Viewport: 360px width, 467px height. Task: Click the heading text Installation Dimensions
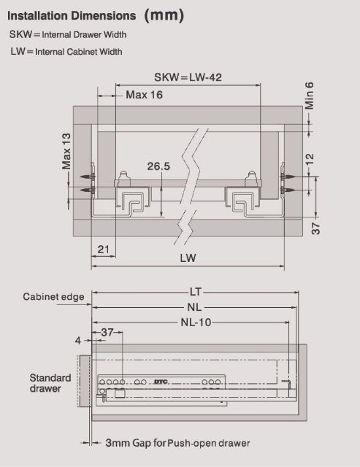coord(72,16)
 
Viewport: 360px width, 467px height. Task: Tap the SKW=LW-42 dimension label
coord(188,77)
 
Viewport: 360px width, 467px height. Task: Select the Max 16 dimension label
coord(145,95)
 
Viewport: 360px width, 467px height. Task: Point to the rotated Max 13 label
coord(66,151)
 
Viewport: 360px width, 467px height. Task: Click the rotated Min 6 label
coord(310,96)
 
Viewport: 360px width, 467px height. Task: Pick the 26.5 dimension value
coord(158,166)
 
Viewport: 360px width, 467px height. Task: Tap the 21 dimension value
coord(104,249)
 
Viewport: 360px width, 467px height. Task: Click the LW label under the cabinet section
coord(188,258)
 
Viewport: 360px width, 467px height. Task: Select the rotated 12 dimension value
coord(310,159)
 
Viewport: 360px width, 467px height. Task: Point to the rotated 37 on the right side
coord(316,228)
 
